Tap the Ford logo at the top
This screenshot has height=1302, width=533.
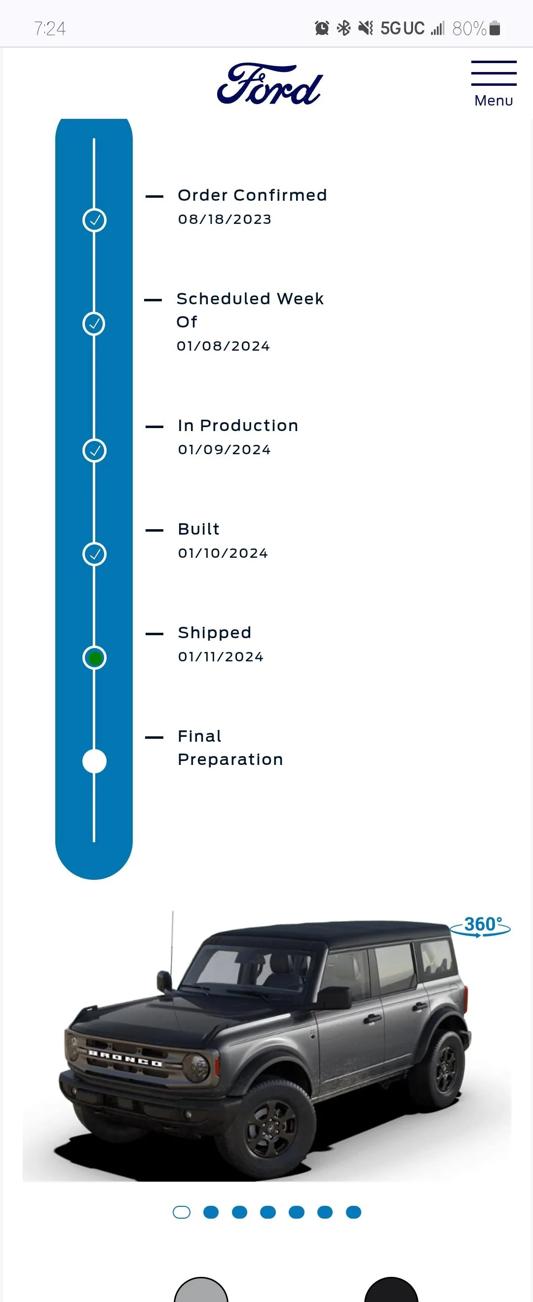[x=269, y=84]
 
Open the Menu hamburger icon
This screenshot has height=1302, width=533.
[x=494, y=73]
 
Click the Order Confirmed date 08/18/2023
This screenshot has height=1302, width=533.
[x=225, y=219]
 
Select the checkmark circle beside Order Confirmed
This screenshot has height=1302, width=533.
[x=95, y=220]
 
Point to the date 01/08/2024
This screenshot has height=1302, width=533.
[x=223, y=346]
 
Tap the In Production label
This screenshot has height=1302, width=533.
[x=238, y=426]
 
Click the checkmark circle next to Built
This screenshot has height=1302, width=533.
[x=95, y=554]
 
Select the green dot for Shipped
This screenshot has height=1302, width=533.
[x=95, y=658]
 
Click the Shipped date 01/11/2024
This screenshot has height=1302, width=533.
[x=221, y=657]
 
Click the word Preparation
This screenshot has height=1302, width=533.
[x=230, y=759]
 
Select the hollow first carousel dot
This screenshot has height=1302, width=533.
[x=182, y=1212]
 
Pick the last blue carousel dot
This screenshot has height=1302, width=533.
[x=353, y=1212]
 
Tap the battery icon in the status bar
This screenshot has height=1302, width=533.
[x=495, y=28]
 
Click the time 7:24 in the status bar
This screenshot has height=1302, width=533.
[x=50, y=29]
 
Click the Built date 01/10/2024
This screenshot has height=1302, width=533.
[x=223, y=553]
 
